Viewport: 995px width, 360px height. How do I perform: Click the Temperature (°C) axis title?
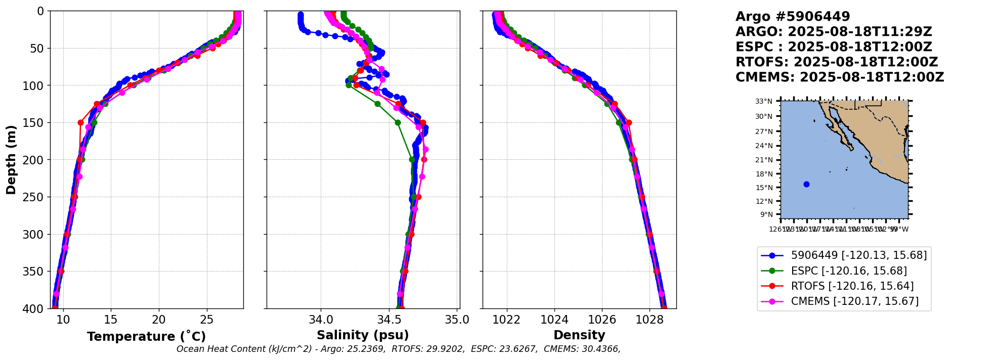(146, 336)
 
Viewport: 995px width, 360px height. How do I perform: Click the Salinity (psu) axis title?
(363, 335)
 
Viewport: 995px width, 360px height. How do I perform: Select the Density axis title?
(579, 335)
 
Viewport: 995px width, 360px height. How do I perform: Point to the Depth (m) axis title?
(11, 160)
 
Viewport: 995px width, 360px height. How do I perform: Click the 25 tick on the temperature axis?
(207, 320)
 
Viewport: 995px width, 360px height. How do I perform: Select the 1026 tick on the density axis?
(602, 320)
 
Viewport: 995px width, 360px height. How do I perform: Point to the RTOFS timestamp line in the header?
(837, 62)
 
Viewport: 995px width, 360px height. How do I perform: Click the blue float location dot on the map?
(806, 184)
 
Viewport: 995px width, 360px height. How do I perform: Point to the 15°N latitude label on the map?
(764, 188)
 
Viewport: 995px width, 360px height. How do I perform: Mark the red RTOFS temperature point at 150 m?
(80, 122)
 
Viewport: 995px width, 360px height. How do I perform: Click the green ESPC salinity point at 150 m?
(398, 122)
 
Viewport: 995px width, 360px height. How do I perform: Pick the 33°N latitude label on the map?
(764, 101)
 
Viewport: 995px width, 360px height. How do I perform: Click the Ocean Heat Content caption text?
(398, 349)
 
